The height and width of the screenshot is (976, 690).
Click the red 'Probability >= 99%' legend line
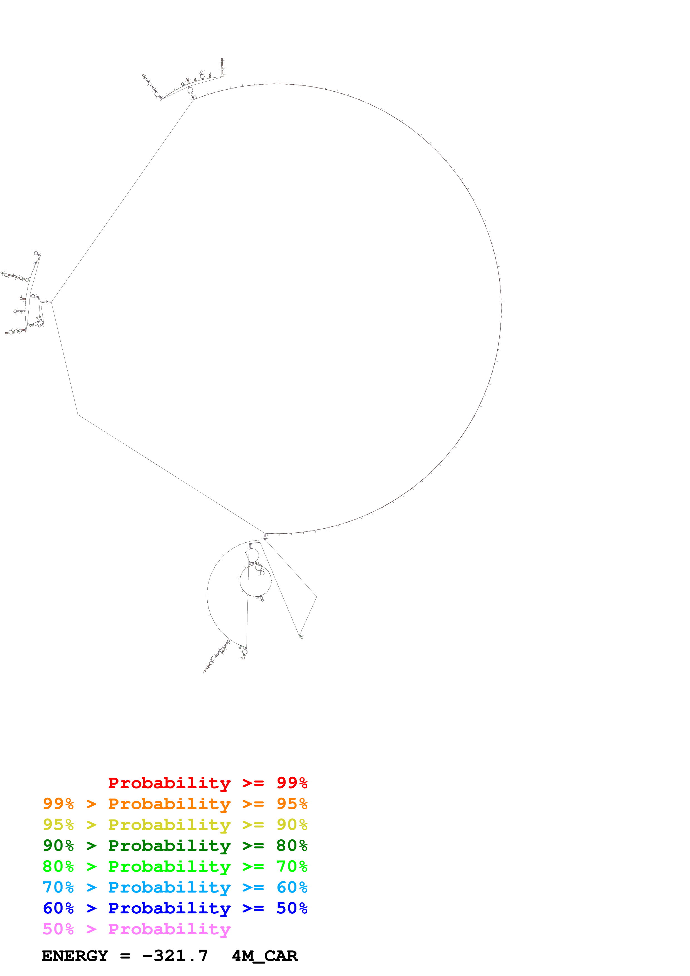[x=207, y=783]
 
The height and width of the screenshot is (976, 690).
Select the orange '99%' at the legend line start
[x=58, y=804]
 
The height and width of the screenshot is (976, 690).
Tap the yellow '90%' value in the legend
[x=292, y=825]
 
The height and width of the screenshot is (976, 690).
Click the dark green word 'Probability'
[x=169, y=846]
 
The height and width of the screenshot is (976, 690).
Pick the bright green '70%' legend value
[x=292, y=866]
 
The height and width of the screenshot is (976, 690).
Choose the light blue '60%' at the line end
[x=292, y=887]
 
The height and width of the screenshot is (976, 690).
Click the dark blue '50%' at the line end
[x=292, y=908]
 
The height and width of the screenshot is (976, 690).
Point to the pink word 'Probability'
[x=169, y=929]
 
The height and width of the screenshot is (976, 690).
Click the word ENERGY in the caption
[x=75, y=956]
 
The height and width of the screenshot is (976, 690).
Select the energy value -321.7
[x=175, y=956]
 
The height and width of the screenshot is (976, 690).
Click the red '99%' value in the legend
[x=292, y=783]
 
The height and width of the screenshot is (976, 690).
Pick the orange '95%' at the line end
[x=292, y=804]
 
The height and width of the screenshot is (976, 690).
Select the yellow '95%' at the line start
[x=58, y=825]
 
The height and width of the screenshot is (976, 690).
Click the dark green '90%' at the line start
[x=58, y=846]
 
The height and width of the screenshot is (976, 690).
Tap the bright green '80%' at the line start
[x=58, y=866]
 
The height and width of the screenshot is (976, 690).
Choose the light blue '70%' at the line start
[x=58, y=887]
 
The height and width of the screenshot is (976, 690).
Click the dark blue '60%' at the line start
[x=58, y=908]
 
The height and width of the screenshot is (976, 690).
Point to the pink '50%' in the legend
[x=58, y=929]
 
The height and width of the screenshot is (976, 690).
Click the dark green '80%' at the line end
[x=292, y=846]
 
